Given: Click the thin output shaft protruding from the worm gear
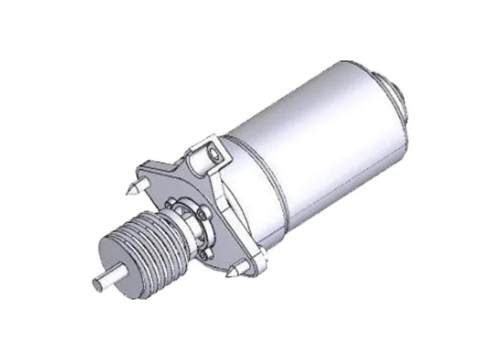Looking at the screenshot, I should point(102,279).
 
